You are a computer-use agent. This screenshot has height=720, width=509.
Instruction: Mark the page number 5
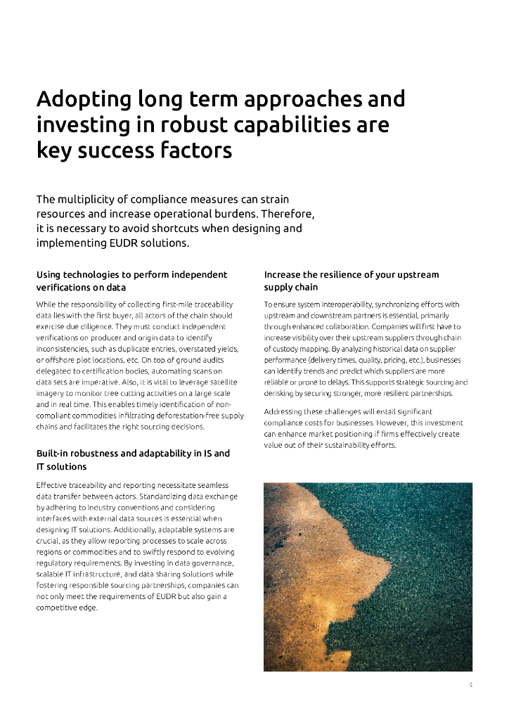[470, 686]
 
